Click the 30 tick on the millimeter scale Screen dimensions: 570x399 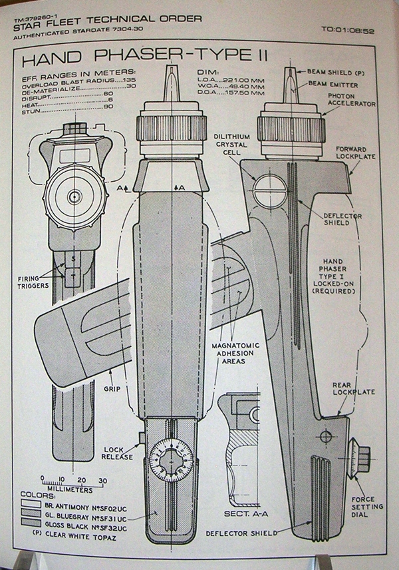click(x=102, y=479)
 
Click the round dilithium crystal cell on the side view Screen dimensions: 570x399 click(x=269, y=190)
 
